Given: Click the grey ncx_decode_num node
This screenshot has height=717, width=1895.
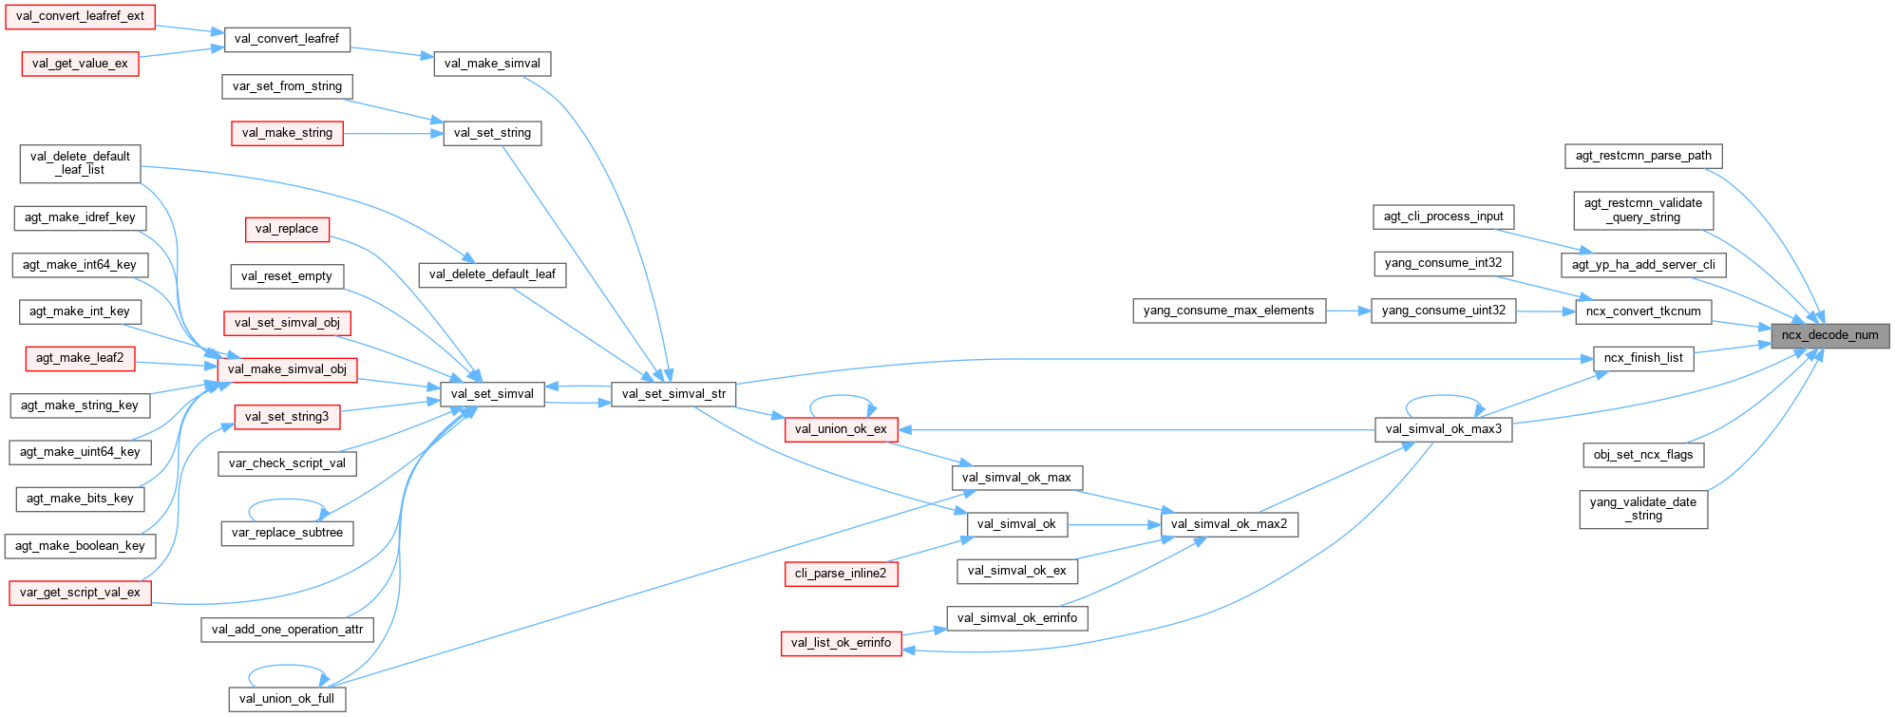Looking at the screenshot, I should point(1829,335).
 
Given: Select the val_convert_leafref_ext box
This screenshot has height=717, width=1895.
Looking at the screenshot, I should point(80,16).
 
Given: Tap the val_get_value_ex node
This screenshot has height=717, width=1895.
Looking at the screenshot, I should point(80,64).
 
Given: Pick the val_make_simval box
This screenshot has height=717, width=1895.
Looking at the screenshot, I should point(492,64).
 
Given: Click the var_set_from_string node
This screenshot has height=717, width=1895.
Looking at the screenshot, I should point(287,86).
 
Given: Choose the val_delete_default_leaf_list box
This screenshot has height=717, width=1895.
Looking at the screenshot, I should point(80,163).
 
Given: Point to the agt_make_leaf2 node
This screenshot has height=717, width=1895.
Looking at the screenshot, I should point(80,358).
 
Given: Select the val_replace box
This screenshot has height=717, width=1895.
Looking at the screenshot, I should point(287,229).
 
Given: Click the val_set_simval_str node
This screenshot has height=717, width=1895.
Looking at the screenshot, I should point(673,394).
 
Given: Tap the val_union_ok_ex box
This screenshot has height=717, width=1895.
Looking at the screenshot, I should point(841,429).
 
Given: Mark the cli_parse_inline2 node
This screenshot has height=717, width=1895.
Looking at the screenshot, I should point(841,574).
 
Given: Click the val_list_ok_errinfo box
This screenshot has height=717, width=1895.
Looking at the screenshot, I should point(841,643).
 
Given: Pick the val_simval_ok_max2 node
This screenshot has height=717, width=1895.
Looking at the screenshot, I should point(1229,524).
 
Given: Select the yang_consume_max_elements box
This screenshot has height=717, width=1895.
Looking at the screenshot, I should point(1228,311).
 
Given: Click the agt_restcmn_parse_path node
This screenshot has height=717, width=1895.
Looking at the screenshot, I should point(1643,156).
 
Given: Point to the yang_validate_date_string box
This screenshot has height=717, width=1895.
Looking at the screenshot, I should point(1643,509).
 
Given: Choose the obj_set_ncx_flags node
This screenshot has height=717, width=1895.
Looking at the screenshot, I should point(1643,455).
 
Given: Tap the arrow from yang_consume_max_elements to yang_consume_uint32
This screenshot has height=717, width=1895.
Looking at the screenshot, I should point(1349,311).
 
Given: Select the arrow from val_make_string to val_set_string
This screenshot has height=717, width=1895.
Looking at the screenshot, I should point(393,133).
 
